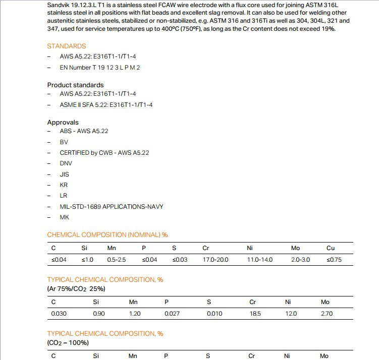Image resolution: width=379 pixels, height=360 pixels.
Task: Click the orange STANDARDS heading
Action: (67, 46)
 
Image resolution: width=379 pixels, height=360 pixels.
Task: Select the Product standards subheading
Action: (75, 85)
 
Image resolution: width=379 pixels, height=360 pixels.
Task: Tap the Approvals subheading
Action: (63, 122)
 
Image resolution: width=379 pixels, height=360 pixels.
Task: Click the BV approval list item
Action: (64, 142)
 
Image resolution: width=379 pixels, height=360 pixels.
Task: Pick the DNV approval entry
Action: (66, 163)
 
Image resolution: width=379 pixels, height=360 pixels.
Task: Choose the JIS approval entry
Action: (64, 174)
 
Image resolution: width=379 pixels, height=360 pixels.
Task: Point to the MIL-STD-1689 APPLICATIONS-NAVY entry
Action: (111, 206)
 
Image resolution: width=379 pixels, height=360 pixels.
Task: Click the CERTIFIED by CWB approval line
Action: (104, 152)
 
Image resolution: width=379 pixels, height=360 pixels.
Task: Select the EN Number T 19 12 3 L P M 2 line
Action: (99, 67)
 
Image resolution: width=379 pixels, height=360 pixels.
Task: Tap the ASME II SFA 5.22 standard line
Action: (106, 104)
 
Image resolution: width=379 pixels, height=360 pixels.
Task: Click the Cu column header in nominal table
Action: (331, 248)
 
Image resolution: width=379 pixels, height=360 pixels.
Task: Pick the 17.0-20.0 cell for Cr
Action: (215, 260)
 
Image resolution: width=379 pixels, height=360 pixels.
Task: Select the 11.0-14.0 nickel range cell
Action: (259, 260)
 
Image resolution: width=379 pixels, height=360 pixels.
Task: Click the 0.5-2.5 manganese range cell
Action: (117, 260)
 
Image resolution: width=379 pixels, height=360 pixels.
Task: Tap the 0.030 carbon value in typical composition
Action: (59, 313)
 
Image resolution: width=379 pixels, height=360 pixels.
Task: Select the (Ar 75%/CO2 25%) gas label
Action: (76, 288)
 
